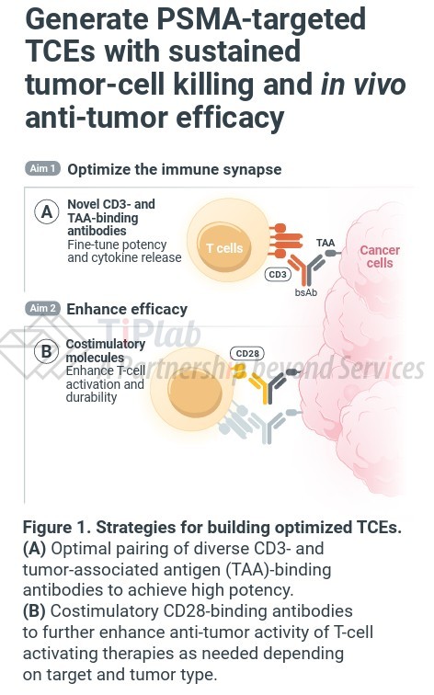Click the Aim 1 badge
pos(42,168)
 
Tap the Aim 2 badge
pos(42,308)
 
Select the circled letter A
pos(47,211)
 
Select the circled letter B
pos(46,351)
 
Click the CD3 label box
pos(278,274)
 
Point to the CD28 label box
pos(247,353)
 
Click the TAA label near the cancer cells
pos(325,243)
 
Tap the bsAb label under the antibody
pos(306,292)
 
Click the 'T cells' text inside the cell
pos(224,248)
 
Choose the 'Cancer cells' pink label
pos(380,256)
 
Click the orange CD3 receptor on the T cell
pos(284,241)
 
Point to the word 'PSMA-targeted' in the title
pos(260,19)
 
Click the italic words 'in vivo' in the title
pos(363,85)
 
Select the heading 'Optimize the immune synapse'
pos(174,169)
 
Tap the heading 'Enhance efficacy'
pos(127,309)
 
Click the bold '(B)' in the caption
pos(34,611)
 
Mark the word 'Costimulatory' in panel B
pos(106,345)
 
